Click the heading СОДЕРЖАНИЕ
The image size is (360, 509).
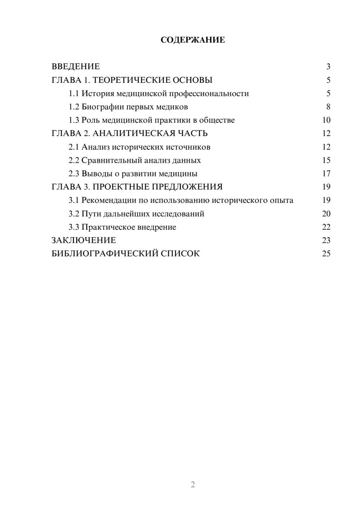tap(193, 40)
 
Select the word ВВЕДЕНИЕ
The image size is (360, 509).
tap(76, 67)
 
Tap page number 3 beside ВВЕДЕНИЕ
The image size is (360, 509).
tap(328, 67)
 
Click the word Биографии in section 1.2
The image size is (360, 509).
tap(99, 107)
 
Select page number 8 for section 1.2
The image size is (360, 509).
tap(328, 107)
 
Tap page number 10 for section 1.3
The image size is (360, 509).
tap(326, 120)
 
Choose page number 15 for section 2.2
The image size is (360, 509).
tap(326, 160)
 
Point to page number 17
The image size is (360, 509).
tap(326, 174)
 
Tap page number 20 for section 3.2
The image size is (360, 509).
tap(326, 214)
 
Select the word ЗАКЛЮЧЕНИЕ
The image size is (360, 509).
tap(84, 240)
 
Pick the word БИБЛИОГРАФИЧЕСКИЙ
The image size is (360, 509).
tap(104, 254)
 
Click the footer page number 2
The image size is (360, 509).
tap(193, 485)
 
